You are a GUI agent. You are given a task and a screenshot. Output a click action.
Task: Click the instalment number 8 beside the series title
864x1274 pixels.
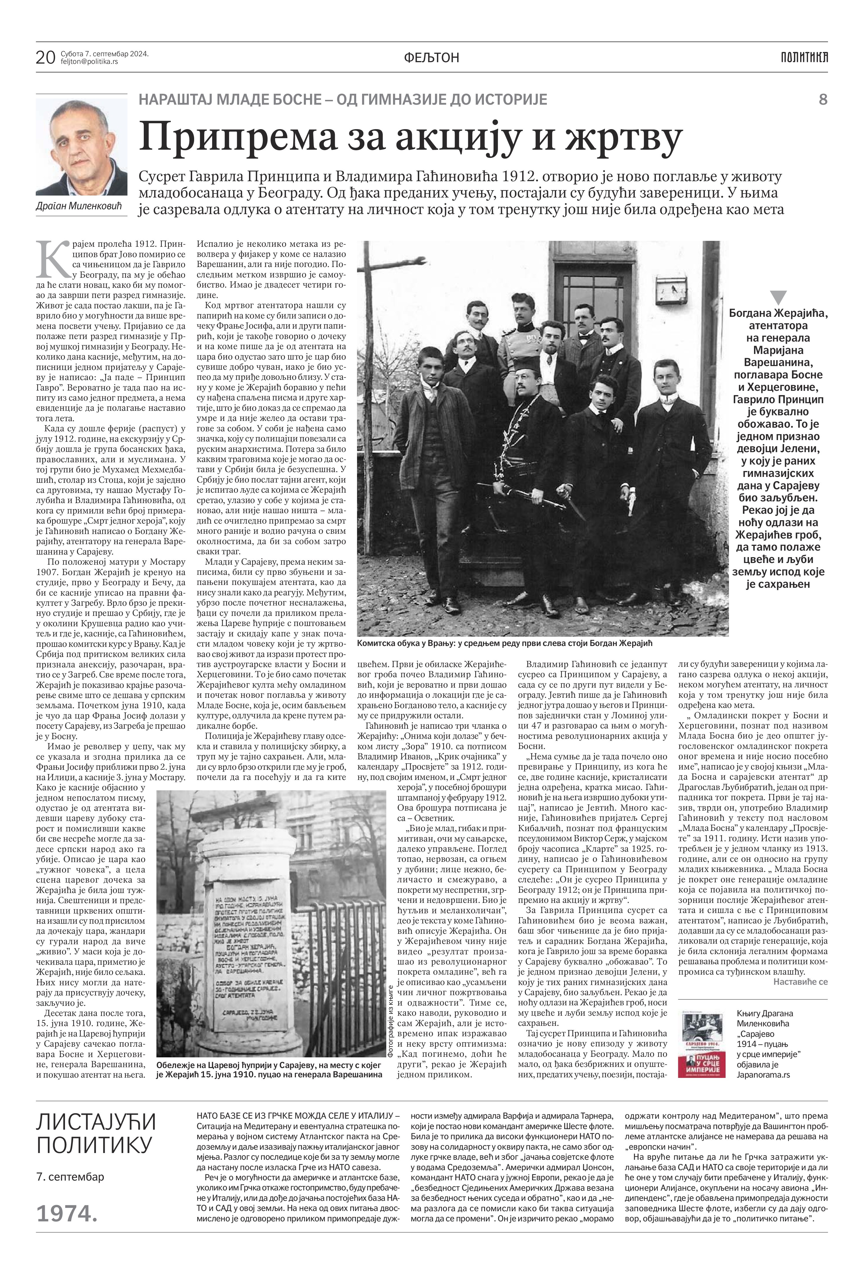click(822, 100)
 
